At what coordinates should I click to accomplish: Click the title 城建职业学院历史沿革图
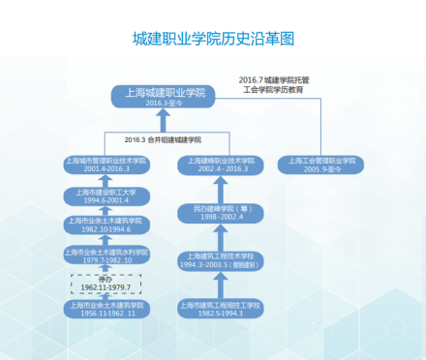pyautogui.click(x=212, y=40)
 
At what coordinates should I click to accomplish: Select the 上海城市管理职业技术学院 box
pyautogui.click(x=106, y=164)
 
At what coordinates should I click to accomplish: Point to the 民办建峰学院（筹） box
pyautogui.click(x=221, y=212)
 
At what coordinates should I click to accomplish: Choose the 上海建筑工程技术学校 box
pyautogui.click(x=221, y=259)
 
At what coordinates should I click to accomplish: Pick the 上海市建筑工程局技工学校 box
pyautogui.click(x=221, y=310)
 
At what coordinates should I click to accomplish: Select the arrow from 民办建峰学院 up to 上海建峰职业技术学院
pyautogui.click(x=221, y=188)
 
